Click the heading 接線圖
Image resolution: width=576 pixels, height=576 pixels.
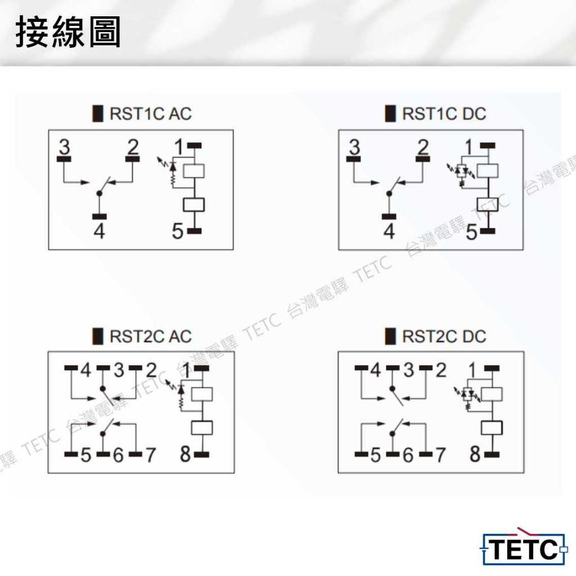coord(68,32)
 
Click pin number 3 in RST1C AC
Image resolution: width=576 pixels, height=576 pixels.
coord(64,147)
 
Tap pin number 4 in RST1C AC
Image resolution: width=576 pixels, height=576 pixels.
coord(99,231)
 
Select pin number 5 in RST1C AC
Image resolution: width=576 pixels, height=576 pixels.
coord(177,231)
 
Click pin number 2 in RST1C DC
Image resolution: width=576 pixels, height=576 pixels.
coord(423,147)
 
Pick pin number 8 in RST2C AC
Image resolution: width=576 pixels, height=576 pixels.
coord(186,454)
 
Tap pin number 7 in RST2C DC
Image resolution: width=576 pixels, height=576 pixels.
coord(441,455)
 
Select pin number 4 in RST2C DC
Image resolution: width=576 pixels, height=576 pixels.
coord(375,370)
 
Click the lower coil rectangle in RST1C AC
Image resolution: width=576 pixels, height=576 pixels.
coord(193,205)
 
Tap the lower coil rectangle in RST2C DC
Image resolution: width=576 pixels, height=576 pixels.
coord(492,428)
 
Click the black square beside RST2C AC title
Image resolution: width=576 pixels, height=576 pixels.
coord(98,336)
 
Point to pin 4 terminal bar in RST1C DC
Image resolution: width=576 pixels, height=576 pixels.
coord(389,217)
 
